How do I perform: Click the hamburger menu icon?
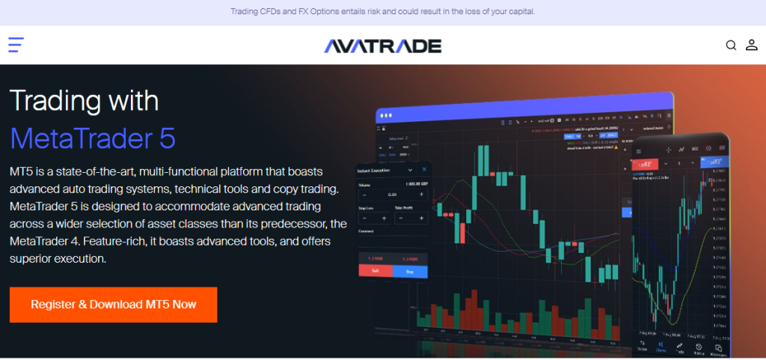click(x=16, y=45)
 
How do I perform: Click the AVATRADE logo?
click(x=382, y=46)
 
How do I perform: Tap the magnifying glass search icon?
click(x=731, y=46)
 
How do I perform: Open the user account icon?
click(x=752, y=46)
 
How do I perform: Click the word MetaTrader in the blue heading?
click(x=78, y=138)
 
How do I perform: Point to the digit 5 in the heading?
click(x=166, y=138)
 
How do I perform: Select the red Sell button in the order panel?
click(x=376, y=272)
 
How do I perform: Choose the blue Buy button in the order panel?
click(x=409, y=272)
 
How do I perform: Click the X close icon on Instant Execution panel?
click(x=424, y=171)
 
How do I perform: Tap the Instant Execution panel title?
click(x=376, y=171)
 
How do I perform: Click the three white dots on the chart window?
click(x=386, y=116)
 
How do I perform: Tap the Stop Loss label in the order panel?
click(x=367, y=207)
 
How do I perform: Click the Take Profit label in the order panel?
click(x=405, y=207)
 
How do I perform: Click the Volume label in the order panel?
click(x=365, y=183)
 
